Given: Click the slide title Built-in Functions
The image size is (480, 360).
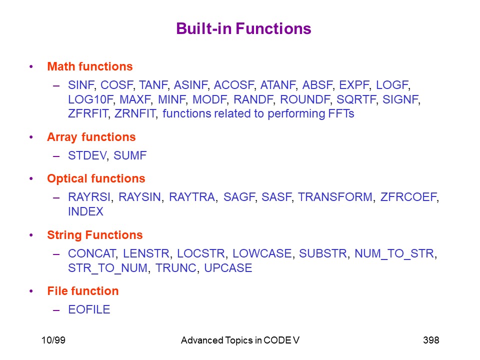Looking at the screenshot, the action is [x=243, y=29].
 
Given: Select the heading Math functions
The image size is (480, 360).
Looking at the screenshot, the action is [x=90, y=66].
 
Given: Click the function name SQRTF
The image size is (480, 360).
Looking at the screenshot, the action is [x=356, y=99].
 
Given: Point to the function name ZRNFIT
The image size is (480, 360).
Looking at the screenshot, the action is [x=134, y=113].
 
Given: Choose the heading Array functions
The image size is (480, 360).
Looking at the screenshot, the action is [x=91, y=137].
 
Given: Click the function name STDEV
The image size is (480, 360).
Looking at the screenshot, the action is [x=87, y=155].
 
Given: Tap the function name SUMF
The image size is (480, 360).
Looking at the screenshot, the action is [x=130, y=155].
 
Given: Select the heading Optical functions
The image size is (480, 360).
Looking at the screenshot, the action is [x=96, y=178].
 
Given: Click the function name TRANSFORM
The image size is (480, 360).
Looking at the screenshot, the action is [x=335, y=197].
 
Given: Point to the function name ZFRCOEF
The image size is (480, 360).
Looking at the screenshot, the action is [x=408, y=197].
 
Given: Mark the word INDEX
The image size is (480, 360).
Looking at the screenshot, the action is [x=85, y=211].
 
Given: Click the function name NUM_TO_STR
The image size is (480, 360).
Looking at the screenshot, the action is [x=394, y=254].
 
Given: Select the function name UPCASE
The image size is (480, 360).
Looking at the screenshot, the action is [x=228, y=268].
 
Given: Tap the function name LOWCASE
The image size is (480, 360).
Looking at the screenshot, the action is [x=262, y=254].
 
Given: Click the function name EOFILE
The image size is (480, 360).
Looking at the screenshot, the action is [x=89, y=309].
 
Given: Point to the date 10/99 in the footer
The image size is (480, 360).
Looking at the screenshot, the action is [x=53, y=340].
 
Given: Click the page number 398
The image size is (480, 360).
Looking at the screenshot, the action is [x=431, y=340].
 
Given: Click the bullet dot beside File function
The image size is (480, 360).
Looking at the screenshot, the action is [x=31, y=291].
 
